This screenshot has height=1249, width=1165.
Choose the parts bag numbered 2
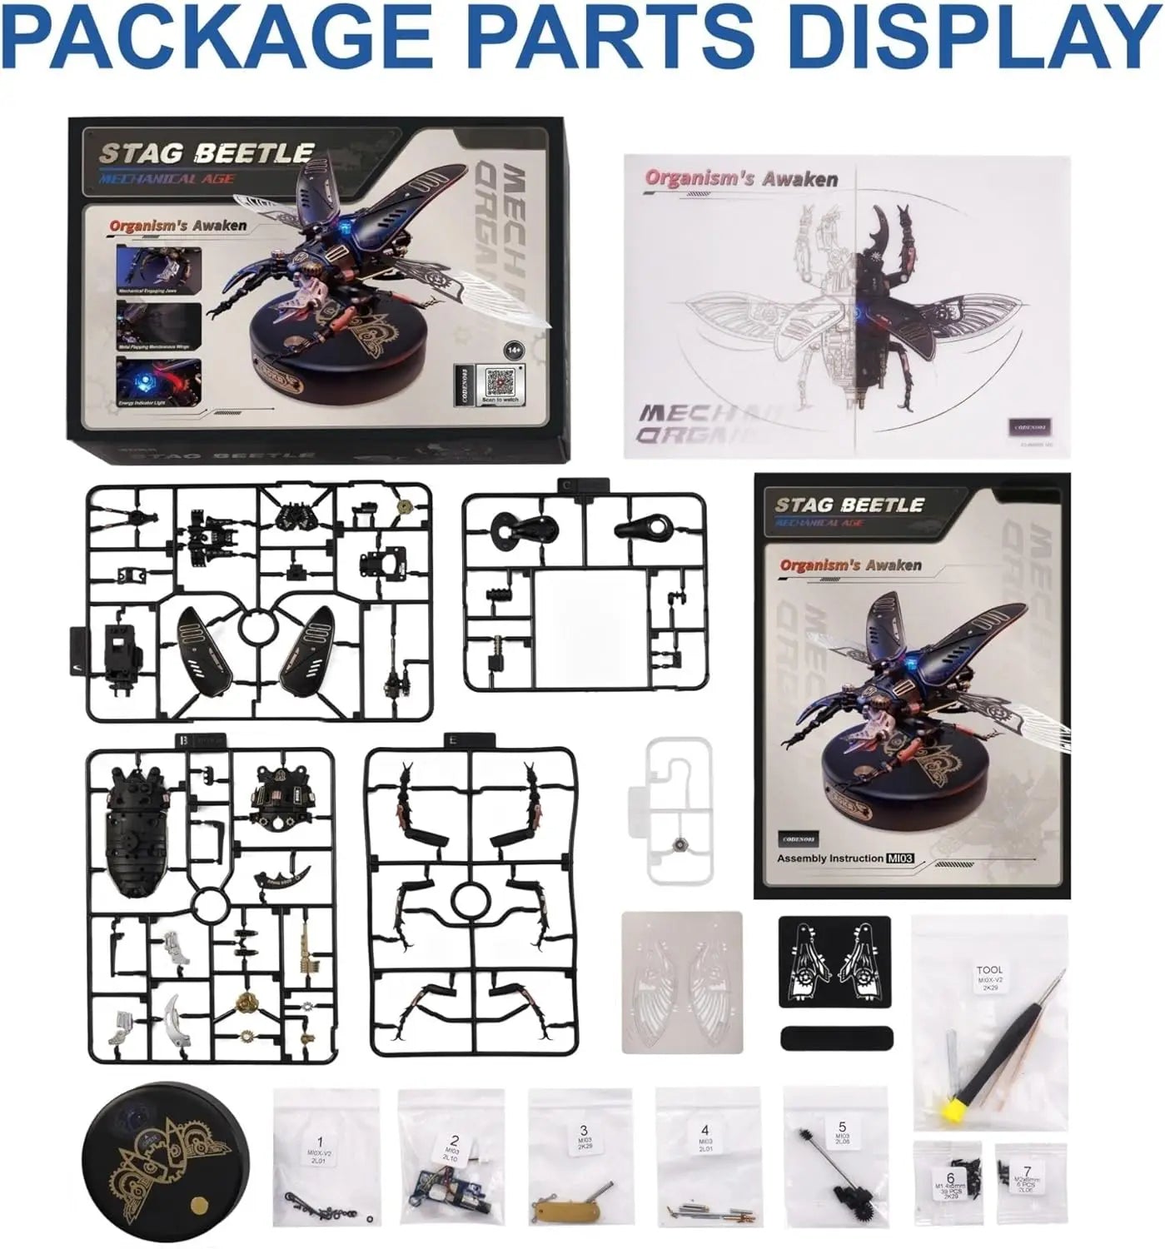point(451,1157)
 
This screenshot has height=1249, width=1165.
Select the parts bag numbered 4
point(706,1157)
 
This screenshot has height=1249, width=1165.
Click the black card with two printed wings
point(834,963)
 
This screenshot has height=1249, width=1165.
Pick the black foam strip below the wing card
point(837,1038)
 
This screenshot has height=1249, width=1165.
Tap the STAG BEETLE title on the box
point(206,153)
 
